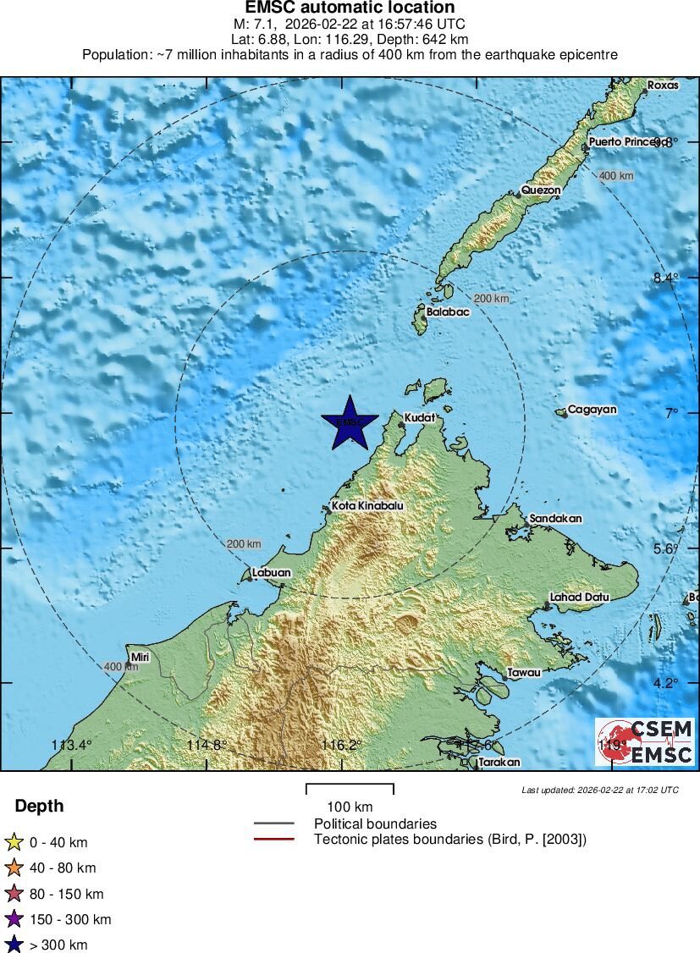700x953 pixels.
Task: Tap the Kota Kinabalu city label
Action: tap(367, 506)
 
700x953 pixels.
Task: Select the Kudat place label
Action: tap(419, 418)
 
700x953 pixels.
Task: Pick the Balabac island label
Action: tap(448, 311)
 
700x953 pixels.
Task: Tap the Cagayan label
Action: tap(592, 410)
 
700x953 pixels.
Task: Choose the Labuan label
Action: tap(271, 573)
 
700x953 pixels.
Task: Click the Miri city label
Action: tap(140, 657)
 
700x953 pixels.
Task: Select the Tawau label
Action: tap(523, 673)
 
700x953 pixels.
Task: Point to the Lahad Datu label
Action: tap(579, 597)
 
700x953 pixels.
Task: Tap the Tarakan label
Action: tap(499, 762)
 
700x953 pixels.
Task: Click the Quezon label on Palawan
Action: tap(540, 190)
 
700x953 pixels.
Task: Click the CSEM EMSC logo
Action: tap(645, 742)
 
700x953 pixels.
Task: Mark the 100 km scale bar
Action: tap(350, 787)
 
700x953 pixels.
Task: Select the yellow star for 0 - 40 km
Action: tap(14, 842)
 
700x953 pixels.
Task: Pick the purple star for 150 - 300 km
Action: tap(14, 919)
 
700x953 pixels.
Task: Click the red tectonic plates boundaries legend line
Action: tap(273, 840)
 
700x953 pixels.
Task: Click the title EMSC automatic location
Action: tap(350, 8)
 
